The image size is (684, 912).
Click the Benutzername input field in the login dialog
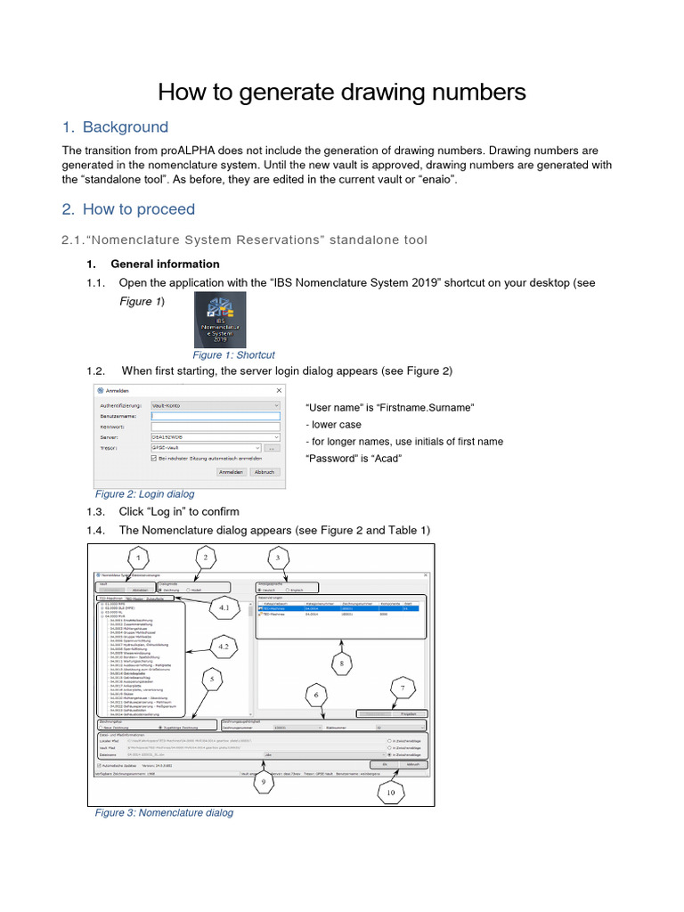pyautogui.click(x=216, y=415)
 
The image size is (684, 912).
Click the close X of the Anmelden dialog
pyautogui.click(x=279, y=390)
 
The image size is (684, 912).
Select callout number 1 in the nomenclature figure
pyautogui.click(x=138, y=558)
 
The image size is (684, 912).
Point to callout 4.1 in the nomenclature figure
pyautogui.click(x=224, y=609)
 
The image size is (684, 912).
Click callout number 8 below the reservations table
pyautogui.click(x=338, y=663)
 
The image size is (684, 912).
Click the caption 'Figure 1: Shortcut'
pyautogui.click(x=234, y=354)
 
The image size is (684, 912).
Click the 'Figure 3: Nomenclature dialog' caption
pyautogui.click(x=164, y=812)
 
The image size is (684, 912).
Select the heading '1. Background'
pyautogui.click(x=115, y=127)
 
